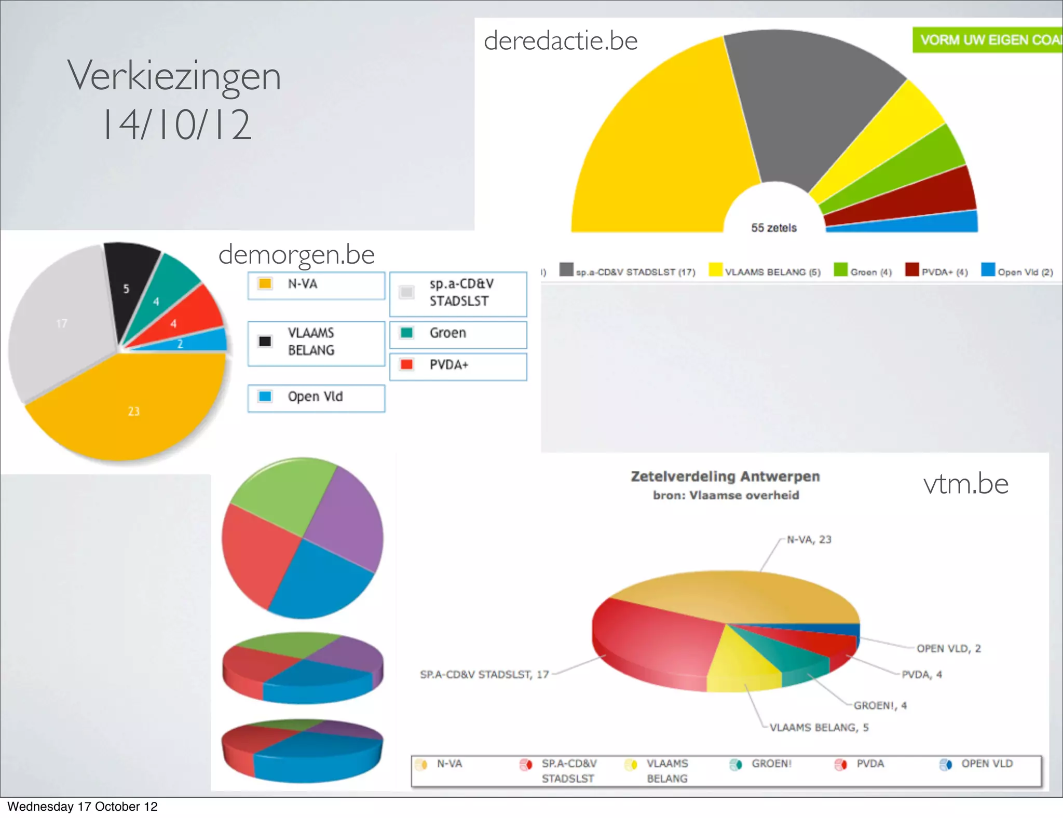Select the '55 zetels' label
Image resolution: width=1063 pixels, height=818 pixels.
tap(773, 228)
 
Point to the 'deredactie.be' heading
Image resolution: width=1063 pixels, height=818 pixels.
tap(561, 41)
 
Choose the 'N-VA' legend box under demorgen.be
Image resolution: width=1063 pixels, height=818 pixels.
tap(316, 285)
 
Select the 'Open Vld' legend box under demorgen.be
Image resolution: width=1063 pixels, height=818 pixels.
tap(316, 398)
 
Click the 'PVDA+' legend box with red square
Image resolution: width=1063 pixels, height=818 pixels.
tap(458, 366)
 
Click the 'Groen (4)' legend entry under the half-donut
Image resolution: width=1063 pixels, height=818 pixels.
tap(863, 271)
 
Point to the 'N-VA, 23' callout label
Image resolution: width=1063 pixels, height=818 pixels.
tap(809, 540)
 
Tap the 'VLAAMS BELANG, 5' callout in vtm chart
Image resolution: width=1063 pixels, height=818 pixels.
tap(819, 728)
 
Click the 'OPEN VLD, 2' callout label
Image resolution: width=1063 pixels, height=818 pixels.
tap(948, 649)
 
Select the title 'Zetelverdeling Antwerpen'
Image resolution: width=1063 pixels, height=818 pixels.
tap(725, 476)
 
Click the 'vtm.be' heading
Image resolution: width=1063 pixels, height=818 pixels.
tap(965, 484)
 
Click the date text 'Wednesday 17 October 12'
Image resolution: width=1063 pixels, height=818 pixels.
tap(82, 807)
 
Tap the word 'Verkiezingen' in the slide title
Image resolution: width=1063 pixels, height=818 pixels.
tap(174, 76)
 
